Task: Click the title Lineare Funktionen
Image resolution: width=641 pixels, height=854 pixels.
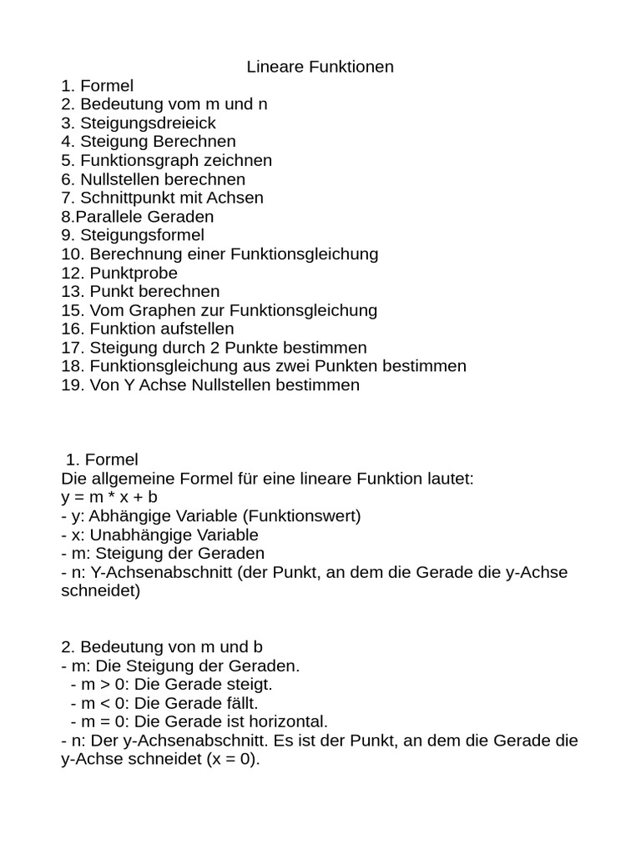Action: pos(320,67)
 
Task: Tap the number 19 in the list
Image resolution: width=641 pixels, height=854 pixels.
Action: pos(71,385)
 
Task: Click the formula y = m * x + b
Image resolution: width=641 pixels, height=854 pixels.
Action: pos(109,498)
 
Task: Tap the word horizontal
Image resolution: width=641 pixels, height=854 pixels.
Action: pos(285,721)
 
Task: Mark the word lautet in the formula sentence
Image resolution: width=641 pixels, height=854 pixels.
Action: pos(450,480)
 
